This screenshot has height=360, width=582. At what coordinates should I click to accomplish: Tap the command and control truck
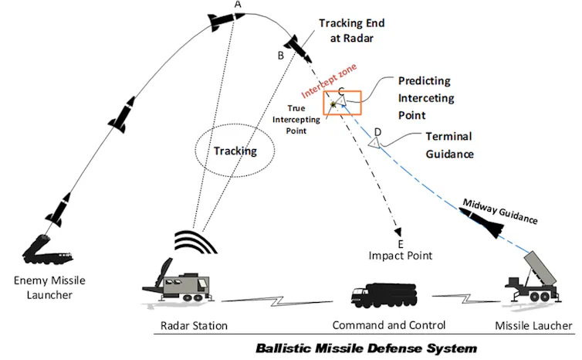click(x=384, y=294)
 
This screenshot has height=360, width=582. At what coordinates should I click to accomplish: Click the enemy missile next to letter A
click(x=225, y=24)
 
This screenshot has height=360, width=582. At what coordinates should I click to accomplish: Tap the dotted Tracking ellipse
click(x=235, y=150)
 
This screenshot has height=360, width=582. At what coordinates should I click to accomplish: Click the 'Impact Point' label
click(x=399, y=256)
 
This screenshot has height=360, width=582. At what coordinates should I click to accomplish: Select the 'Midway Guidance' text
click(x=499, y=211)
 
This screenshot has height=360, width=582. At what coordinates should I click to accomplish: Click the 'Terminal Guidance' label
click(x=448, y=145)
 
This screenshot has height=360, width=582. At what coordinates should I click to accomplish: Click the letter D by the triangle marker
click(x=377, y=132)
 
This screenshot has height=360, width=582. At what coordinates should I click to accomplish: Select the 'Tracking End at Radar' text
click(x=352, y=30)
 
